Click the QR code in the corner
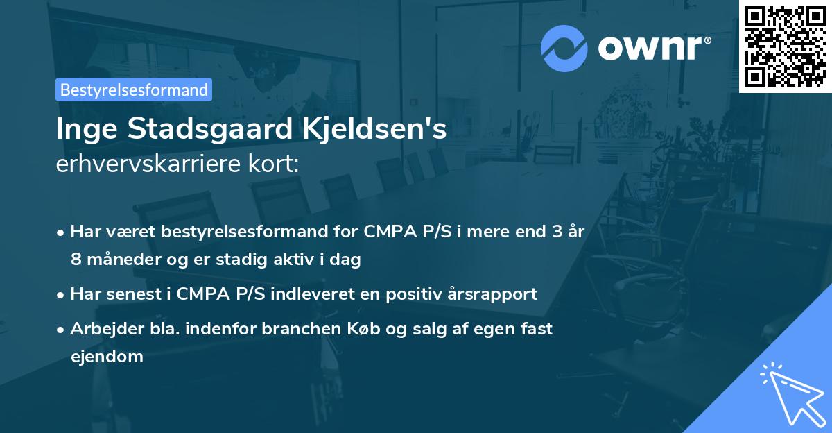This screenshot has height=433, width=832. click(785, 46)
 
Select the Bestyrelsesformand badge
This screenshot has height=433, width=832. click(134, 90)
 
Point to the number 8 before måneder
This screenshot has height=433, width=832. click(76, 260)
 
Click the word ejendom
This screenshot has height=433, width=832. click(107, 357)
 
